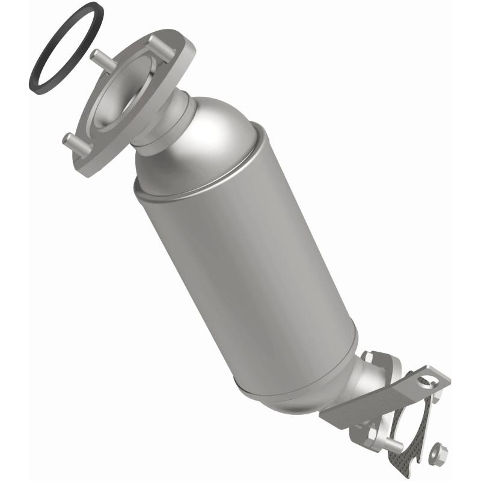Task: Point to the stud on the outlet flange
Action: (394, 444)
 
